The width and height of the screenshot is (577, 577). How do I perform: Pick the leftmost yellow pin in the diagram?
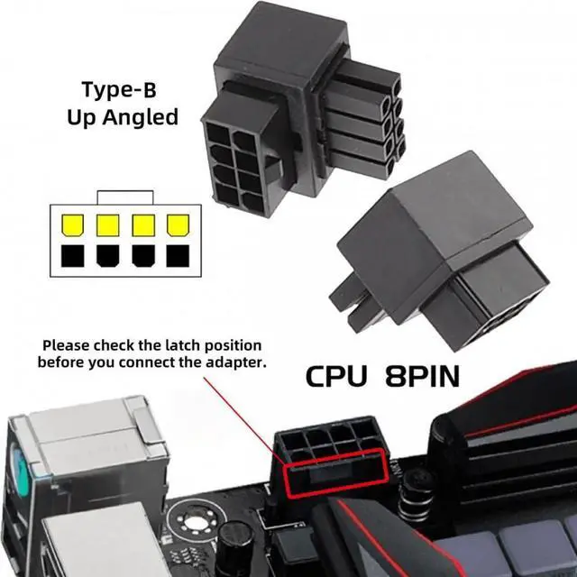pos(69,224)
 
